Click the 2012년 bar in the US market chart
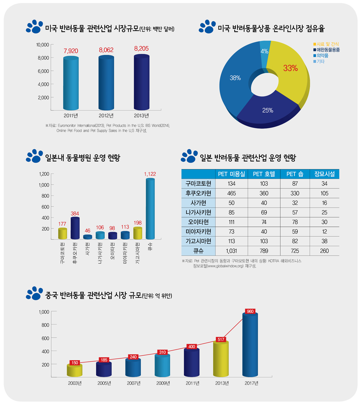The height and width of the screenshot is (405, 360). (106, 83)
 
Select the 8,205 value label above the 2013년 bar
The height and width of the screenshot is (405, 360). (141, 48)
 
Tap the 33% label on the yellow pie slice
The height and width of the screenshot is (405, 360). (290, 68)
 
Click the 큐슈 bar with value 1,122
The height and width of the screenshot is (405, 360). (150, 209)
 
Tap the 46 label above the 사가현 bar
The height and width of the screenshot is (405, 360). (87, 231)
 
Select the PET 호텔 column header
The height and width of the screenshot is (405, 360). (264, 174)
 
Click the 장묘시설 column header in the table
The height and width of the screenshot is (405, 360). (324, 174)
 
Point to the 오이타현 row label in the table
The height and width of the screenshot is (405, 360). (198, 221)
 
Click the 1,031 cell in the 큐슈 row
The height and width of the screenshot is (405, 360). (231, 251)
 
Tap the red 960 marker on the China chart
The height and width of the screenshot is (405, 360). (250, 311)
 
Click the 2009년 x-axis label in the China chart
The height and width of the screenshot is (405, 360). (163, 383)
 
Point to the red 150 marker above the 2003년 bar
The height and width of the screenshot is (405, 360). (75, 362)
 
